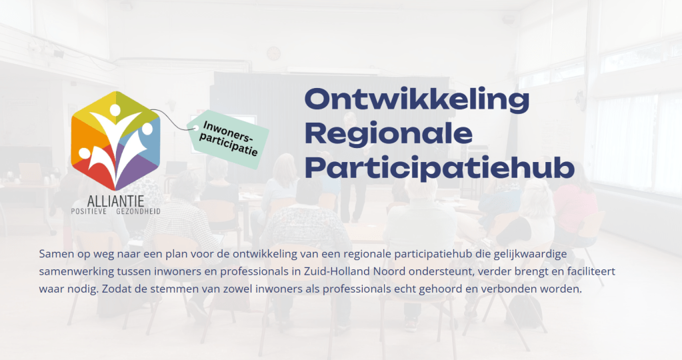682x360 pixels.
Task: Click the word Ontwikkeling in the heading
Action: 416,100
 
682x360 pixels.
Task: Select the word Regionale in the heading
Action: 388,135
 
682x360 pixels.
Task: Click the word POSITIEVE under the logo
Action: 90,211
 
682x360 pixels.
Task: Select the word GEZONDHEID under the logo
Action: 138,211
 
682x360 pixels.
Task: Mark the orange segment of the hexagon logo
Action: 83,133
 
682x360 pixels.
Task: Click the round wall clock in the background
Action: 274,53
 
